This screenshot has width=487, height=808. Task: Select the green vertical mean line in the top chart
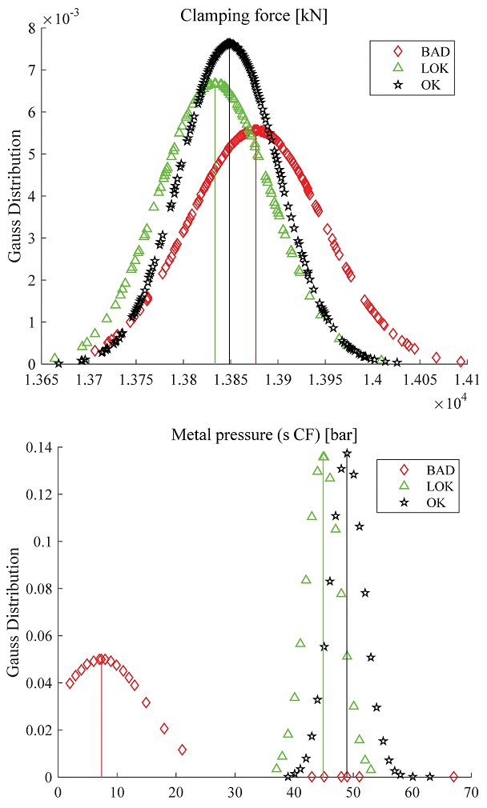[215, 240]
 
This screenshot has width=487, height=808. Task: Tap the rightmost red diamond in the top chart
[461, 361]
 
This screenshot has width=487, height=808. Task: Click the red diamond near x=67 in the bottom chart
[453, 776]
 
